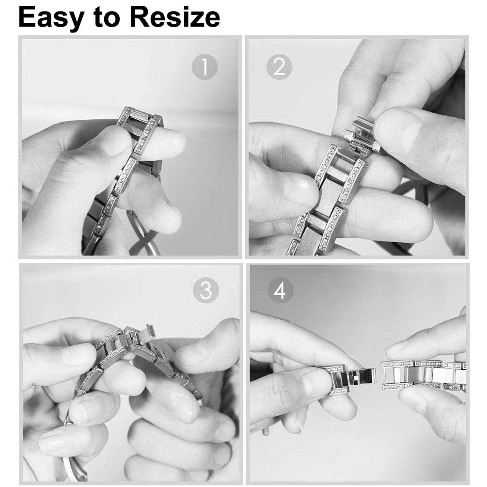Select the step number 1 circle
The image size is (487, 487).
[x=204, y=66]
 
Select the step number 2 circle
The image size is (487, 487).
[x=279, y=66]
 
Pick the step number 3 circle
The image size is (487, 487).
[x=205, y=291]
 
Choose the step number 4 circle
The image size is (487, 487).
[x=281, y=290]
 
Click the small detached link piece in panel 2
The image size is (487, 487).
[x=362, y=134]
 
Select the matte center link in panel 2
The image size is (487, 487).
[x=329, y=194]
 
